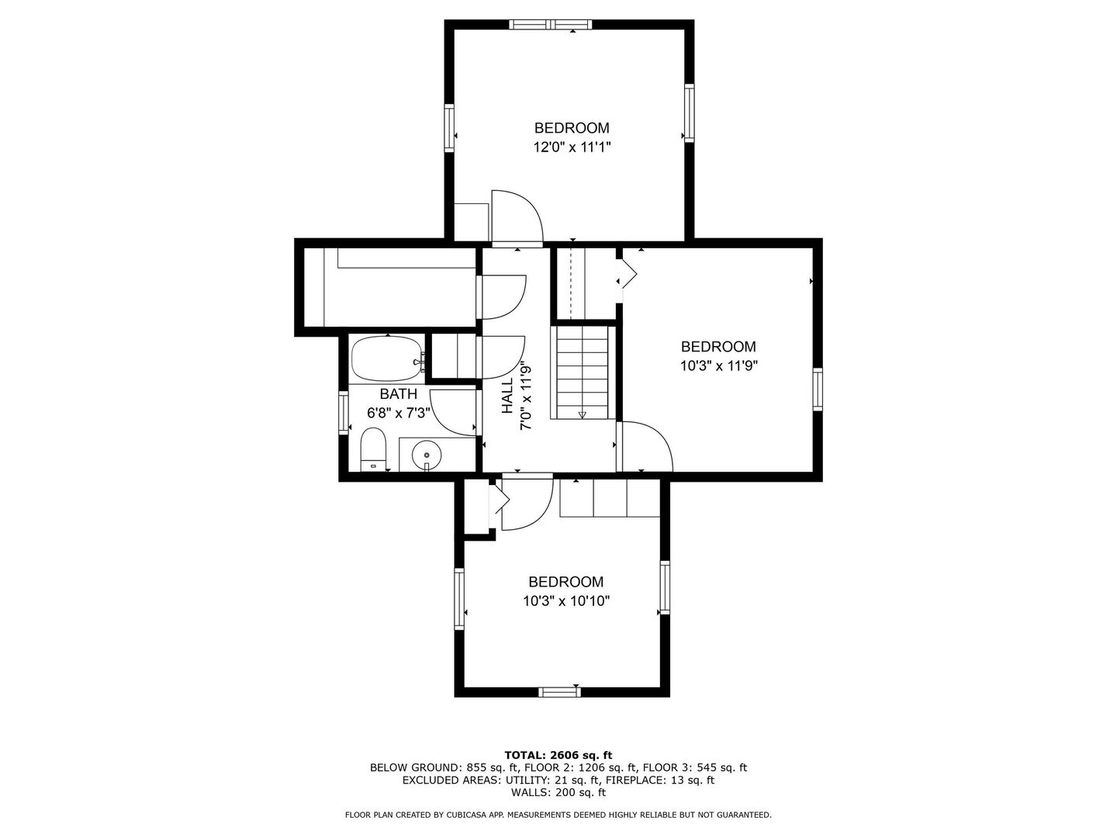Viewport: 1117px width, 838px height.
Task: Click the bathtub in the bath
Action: click(387, 358)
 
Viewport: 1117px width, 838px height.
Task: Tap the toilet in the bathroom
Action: click(373, 449)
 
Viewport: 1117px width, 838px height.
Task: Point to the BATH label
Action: click(399, 394)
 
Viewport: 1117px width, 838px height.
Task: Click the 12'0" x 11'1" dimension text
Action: click(572, 147)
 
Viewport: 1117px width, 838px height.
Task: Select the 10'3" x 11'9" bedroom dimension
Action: click(719, 365)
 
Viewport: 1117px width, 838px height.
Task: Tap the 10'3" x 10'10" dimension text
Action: click(566, 601)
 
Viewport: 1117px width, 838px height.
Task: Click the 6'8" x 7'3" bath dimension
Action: click(399, 412)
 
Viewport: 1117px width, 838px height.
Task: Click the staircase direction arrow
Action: click(583, 414)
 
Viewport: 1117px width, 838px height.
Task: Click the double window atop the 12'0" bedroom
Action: click(551, 24)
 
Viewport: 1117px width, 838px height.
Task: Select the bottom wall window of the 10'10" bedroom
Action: click(559, 691)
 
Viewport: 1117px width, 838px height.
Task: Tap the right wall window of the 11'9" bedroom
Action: click(818, 390)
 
